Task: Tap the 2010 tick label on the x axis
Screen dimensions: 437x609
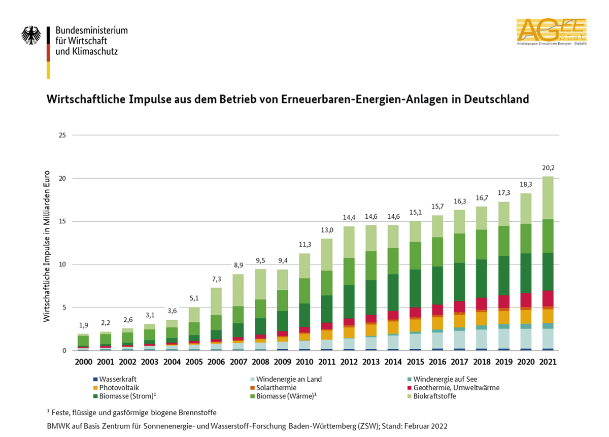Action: point(304,362)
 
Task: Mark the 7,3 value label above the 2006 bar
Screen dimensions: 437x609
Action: point(216,279)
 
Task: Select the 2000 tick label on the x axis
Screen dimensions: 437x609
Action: point(84,362)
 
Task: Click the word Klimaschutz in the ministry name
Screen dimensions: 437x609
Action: point(95,51)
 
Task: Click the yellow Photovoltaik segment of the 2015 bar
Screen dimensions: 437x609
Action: point(415,325)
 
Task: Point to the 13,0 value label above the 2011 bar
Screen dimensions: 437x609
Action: point(326,230)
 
